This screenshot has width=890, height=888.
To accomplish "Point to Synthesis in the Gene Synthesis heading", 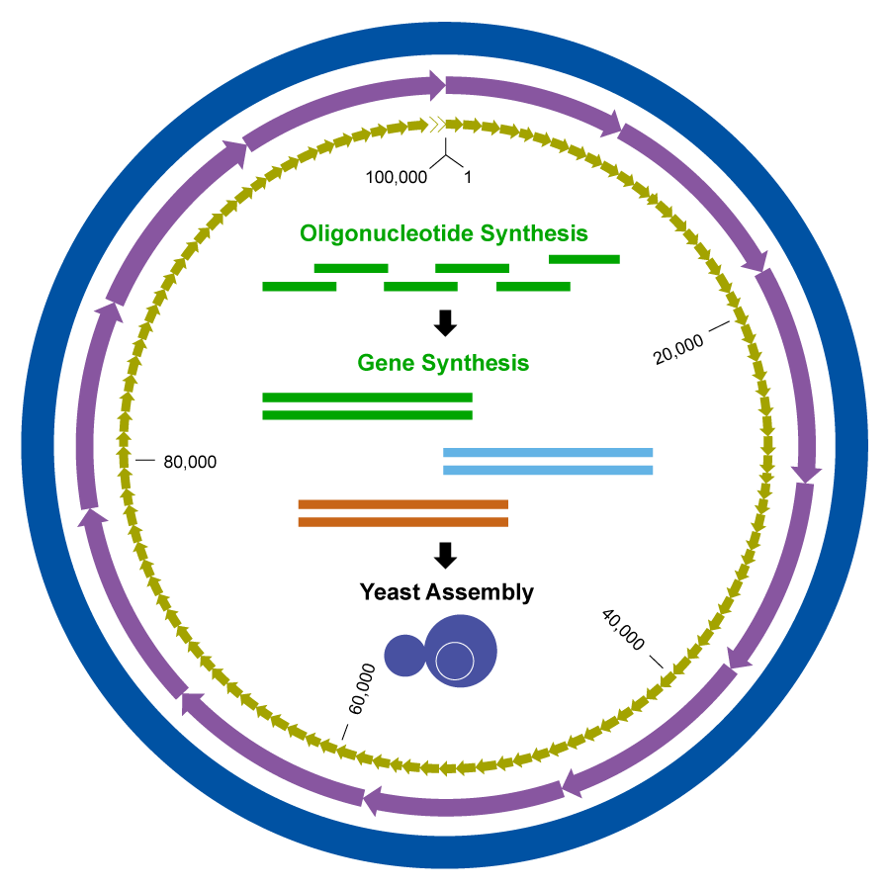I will (473, 364).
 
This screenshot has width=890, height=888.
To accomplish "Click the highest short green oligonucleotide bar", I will (584, 259).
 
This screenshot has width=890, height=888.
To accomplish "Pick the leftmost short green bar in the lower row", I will (300, 287).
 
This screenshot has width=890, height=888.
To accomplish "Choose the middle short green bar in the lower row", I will (420, 287).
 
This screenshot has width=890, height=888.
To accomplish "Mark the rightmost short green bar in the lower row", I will (533, 287).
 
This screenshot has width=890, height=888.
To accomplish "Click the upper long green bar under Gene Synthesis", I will (367, 398).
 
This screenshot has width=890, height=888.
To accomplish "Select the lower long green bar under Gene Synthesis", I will (367, 415).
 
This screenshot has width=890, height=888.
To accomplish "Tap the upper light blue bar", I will (548, 453).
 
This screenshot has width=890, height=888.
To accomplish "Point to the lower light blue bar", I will (548, 471).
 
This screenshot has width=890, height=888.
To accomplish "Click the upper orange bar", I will (402, 504).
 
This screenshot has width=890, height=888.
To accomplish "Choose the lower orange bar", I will (402, 522).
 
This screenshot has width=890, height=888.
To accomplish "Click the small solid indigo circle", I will (404, 656).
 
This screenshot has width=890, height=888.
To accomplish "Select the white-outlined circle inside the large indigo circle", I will (455, 661).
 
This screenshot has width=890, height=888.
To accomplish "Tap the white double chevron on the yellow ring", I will (435, 125).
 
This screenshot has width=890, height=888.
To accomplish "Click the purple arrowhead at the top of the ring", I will (436, 85).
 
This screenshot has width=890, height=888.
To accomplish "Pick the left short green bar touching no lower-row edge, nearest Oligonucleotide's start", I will (351, 268).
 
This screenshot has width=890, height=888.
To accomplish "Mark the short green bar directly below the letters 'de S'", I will (472, 268).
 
